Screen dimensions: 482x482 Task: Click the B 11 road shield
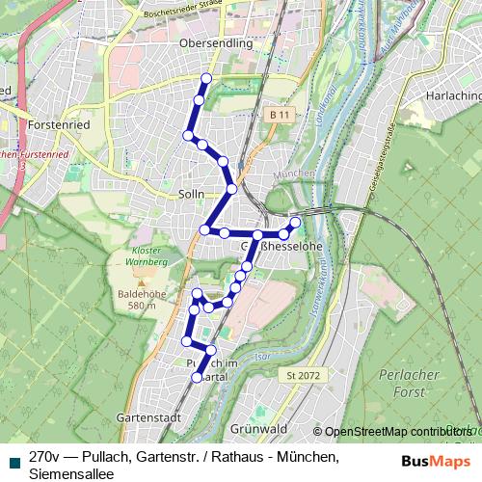[x=280, y=115]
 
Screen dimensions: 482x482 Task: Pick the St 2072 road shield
[x=302, y=374]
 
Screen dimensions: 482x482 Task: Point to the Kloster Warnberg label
[x=147, y=256]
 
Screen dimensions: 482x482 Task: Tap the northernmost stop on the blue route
[x=205, y=78]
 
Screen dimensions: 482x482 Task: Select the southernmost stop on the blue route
[x=197, y=379]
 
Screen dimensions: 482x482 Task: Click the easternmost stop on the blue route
[x=295, y=223]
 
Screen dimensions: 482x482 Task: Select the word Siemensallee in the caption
[x=71, y=473]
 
